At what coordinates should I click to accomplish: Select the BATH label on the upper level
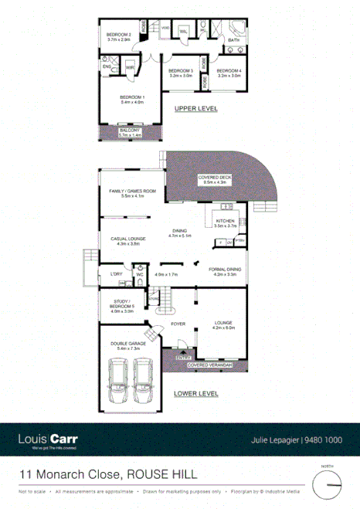click(233, 40)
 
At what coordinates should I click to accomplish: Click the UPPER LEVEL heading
click(195, 108)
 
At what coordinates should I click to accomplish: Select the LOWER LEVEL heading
click(195, 393)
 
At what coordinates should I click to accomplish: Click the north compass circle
click(328, 485)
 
